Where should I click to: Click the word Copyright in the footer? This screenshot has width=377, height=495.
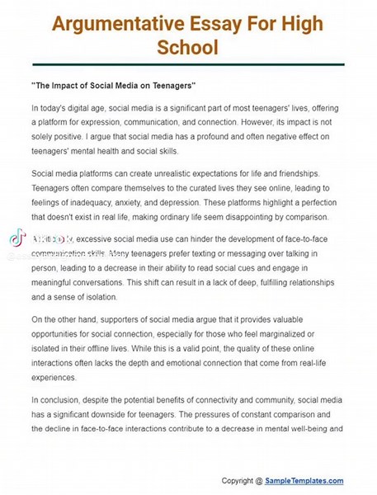coord(238,481)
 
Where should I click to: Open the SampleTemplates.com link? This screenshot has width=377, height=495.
coord(306,481)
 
